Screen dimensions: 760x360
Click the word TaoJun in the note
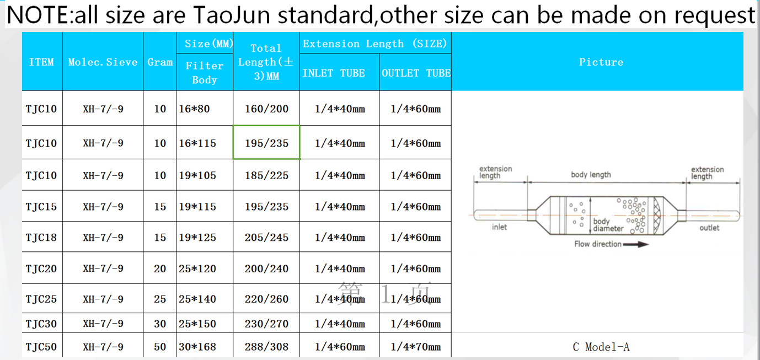[x=232, y=15]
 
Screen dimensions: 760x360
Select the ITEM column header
[x=41, y=62]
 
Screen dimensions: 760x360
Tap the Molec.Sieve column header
[x=103, y=62]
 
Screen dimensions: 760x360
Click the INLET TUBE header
[x=334, y=73]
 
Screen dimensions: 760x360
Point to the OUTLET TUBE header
[x=416, y=73]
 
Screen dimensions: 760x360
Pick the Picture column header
[x=601, y=62]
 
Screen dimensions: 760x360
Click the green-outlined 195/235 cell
[x=266, y=143]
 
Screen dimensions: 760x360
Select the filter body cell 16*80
[x=194, y=109]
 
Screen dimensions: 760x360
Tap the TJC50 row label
[x=41, y=347]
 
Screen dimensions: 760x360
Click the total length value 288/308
[x=266, y=347]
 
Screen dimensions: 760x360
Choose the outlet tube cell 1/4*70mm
[x=416, y=347]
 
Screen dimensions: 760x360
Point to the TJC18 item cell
[x=41, y=238]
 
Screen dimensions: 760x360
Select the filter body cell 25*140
[x=197, y=299]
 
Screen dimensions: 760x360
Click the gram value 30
[x=160, y=324]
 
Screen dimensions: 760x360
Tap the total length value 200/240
[x=266, y=268]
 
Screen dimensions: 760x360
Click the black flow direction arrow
[x=635, y=244]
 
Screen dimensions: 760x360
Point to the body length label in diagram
[x=591, y=175]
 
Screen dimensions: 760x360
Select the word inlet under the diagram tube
[x=500, y=227]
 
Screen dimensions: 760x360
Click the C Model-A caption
[x=601, y=347]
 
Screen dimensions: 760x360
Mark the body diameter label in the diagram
[x=608, y=225]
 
